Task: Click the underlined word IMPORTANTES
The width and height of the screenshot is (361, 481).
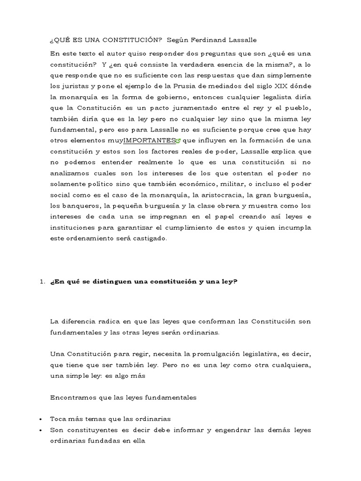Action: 149,140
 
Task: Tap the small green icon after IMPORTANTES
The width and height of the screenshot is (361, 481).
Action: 178,140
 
